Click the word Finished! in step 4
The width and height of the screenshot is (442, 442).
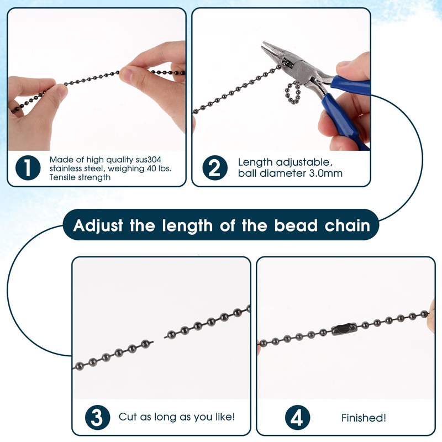[x=364, y=417]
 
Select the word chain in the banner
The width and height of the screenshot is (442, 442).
[x=354, y=226]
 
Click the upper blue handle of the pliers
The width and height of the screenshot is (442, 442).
[x=349, y=86]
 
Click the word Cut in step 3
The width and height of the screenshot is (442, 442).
[x=128, y=417]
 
